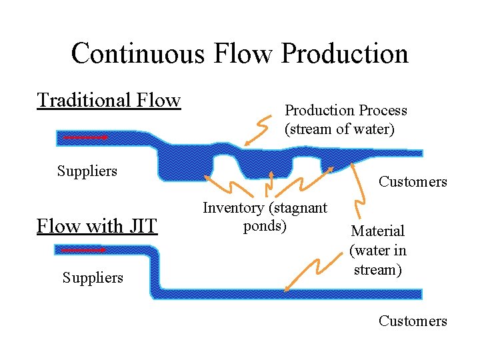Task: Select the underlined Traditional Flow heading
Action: coord(109,100)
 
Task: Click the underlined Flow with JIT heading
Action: coord(97,226)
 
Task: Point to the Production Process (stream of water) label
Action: coord(346,119)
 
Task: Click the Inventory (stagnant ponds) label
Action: coord(265,217)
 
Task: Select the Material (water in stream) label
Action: coord(377,250)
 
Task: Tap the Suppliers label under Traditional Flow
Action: coord(87,171)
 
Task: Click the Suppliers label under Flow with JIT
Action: coord(93,277)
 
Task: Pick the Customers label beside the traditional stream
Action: coord(413,181)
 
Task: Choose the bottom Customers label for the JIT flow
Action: coord(413,321)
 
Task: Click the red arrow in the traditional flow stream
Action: coord(85,137)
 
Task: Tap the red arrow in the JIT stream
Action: coord(83,251)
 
